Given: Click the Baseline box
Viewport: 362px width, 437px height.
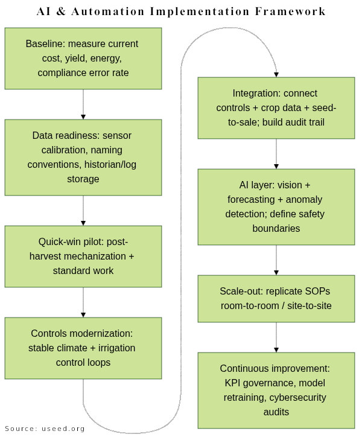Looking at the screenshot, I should (83, 59).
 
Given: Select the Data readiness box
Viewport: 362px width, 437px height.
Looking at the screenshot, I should (83, 157).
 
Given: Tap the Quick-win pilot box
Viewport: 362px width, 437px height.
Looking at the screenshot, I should (83, 256).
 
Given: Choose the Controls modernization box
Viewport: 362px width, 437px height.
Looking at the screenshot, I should (83, 348).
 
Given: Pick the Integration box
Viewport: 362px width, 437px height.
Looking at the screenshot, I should (276, 107).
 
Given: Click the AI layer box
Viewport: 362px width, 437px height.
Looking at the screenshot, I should (276, 206).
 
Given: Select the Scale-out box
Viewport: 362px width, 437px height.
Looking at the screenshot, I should (276, 298).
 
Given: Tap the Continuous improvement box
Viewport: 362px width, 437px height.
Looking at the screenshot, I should (276, 390).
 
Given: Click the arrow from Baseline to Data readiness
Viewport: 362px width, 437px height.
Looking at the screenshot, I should (83, 104).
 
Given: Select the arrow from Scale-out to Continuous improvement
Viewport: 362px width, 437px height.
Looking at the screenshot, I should (276, 337).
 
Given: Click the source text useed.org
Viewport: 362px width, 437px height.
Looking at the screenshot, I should (63, 429).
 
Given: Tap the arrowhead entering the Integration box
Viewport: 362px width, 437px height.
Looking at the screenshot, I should (276, 74).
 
